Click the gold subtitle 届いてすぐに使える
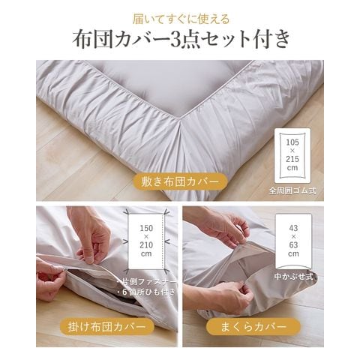click(181, 19)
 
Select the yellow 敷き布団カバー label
click(180, 182)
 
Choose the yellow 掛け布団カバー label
click(107, 326)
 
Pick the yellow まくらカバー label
click(253, 326)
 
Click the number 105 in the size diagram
click(292, 142)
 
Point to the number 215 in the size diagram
click(292, 159)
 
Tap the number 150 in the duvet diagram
click(146, 228)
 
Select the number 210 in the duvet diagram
click(146, 244)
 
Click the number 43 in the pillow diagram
click(293, 228)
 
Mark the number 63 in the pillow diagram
click(293, 244)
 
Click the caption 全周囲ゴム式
click(292, 191)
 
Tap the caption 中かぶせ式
click(293, 277)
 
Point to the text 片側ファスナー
click(147, 282)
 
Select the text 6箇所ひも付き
click(147, 292)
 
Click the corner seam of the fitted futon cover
click(181, 125)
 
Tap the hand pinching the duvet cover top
click(92, 238)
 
